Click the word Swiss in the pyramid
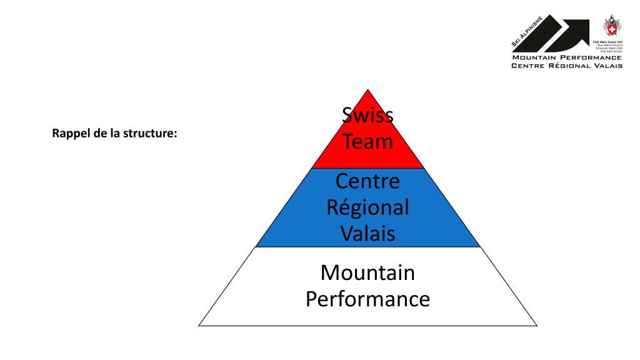click(x=367, y=115)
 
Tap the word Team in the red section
click(x=367, y=141)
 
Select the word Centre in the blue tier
click(x=367, y=181)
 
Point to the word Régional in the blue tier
click(x=367, y=207)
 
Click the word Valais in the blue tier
click(x=367, y=234)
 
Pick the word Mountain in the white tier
click(x=367, y=273)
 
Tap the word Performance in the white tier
click(x=367, y=299)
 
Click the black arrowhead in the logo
click(x=574, y=32)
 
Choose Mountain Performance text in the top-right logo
click(x=567, y=57)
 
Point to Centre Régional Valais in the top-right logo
click(x=567, y=66)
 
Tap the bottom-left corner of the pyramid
click(x=199, y=326)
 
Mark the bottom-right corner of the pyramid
click(x=537, y=326)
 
